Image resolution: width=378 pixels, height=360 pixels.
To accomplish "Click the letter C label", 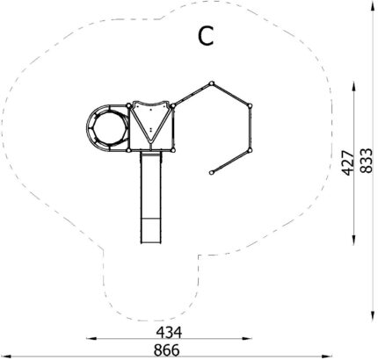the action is [206, 36].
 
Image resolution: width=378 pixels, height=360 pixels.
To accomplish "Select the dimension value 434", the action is [169, 333].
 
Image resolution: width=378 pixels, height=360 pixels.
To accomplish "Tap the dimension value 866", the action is [167, 350].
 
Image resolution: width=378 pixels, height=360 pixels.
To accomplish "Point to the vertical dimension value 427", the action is [348, 163].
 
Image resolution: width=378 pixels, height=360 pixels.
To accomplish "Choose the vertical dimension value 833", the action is [367, 161].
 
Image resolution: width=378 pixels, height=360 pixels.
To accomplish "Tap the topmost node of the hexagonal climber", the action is [212, 83].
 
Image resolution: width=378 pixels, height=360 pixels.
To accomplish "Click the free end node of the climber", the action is [212, 173].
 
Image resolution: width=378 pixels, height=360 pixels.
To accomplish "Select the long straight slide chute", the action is [151, 198].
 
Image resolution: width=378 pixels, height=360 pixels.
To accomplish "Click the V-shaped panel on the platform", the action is [150, 123].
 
